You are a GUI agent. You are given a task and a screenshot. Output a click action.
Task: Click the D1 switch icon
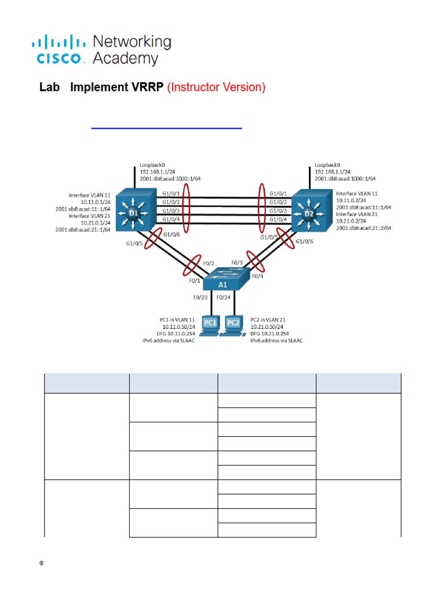point(133,212)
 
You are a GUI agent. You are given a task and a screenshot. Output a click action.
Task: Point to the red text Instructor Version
point(216,88)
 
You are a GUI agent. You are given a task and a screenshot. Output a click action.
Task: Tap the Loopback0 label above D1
point(151,165)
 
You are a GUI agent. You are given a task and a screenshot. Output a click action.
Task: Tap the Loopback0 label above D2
point(327,165)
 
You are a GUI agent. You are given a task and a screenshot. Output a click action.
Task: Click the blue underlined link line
point(167,127)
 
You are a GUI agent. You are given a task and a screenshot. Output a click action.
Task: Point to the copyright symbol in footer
point(42,563)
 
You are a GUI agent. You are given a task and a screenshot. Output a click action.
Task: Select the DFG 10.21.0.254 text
point(275,334)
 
